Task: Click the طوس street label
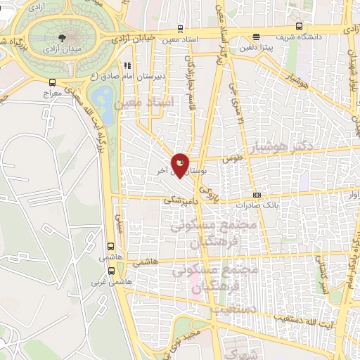point(233,160)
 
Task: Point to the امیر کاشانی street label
point(321,274)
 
